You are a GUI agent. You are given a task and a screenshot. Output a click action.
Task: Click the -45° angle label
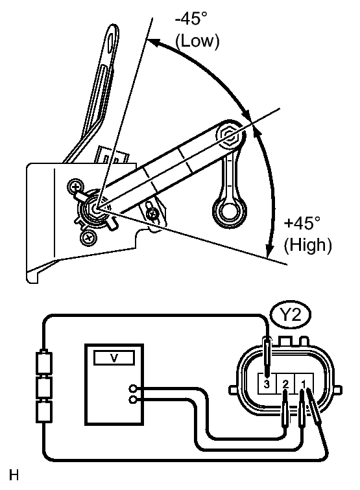pyautogui.click(x=191, y=18)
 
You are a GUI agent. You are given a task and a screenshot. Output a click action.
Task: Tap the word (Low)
pyautogui.click(x=197, y=41)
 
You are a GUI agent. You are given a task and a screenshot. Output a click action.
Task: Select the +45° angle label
pyautogui.click(x=302, y=223)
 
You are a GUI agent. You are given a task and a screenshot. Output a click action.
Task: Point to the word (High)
pyautogui.click(x=307, y=245)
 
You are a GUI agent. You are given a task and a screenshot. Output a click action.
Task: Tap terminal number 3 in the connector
pyautogui.click(x=267, y=384)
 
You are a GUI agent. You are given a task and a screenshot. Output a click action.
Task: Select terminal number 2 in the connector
pyautogui.click(x=285, y=384)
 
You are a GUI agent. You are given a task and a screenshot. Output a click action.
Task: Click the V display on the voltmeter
pyautogui.click(x=114, y=358)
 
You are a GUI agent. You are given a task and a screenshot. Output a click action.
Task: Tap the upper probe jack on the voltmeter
pyautogui.click(x=133, y=389)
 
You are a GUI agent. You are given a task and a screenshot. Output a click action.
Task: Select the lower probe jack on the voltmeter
pyautogui.click(x=133, y=400)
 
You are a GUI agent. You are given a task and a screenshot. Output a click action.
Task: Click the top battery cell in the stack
pyautogui.click(x=44, y=363)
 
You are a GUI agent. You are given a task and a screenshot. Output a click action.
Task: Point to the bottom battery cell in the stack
pyautogui.click(x=44, y=412)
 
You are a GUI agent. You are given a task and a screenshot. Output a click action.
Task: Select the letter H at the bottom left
pyautogui.click(x=14, y=475)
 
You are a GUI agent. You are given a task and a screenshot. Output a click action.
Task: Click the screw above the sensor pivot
pyautogui.click(x=75, y=187)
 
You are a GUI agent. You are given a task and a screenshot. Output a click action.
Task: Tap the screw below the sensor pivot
pyautogui.click(x=88, y=238)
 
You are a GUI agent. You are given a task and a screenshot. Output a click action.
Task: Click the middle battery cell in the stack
pyautogui.click(x=44, y=388)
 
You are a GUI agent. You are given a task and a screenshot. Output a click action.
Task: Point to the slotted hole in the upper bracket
pyautogui.click(x=111, y=41)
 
